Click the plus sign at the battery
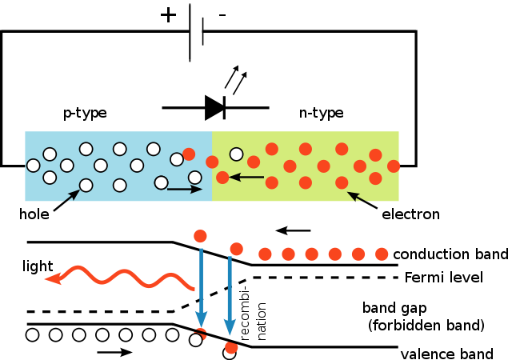point(168,15)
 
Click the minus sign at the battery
point(222,15)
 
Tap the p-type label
point(85,113)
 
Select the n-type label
point(322,113)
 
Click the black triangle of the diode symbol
point(214,107)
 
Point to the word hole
point(34,214)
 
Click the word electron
point(410,214)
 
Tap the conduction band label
point(451,254)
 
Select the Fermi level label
point(444,278)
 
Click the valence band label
point(446,354)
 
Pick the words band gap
point(394,308)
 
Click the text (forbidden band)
point(426,326)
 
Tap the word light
point(38,266)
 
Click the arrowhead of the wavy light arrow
point(53,278)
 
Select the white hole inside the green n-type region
point(237,154)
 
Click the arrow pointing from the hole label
point(66,200)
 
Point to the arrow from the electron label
point(362,200)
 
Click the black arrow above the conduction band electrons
point(293,230)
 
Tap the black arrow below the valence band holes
point(115,352)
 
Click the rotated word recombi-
point(245,313)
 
